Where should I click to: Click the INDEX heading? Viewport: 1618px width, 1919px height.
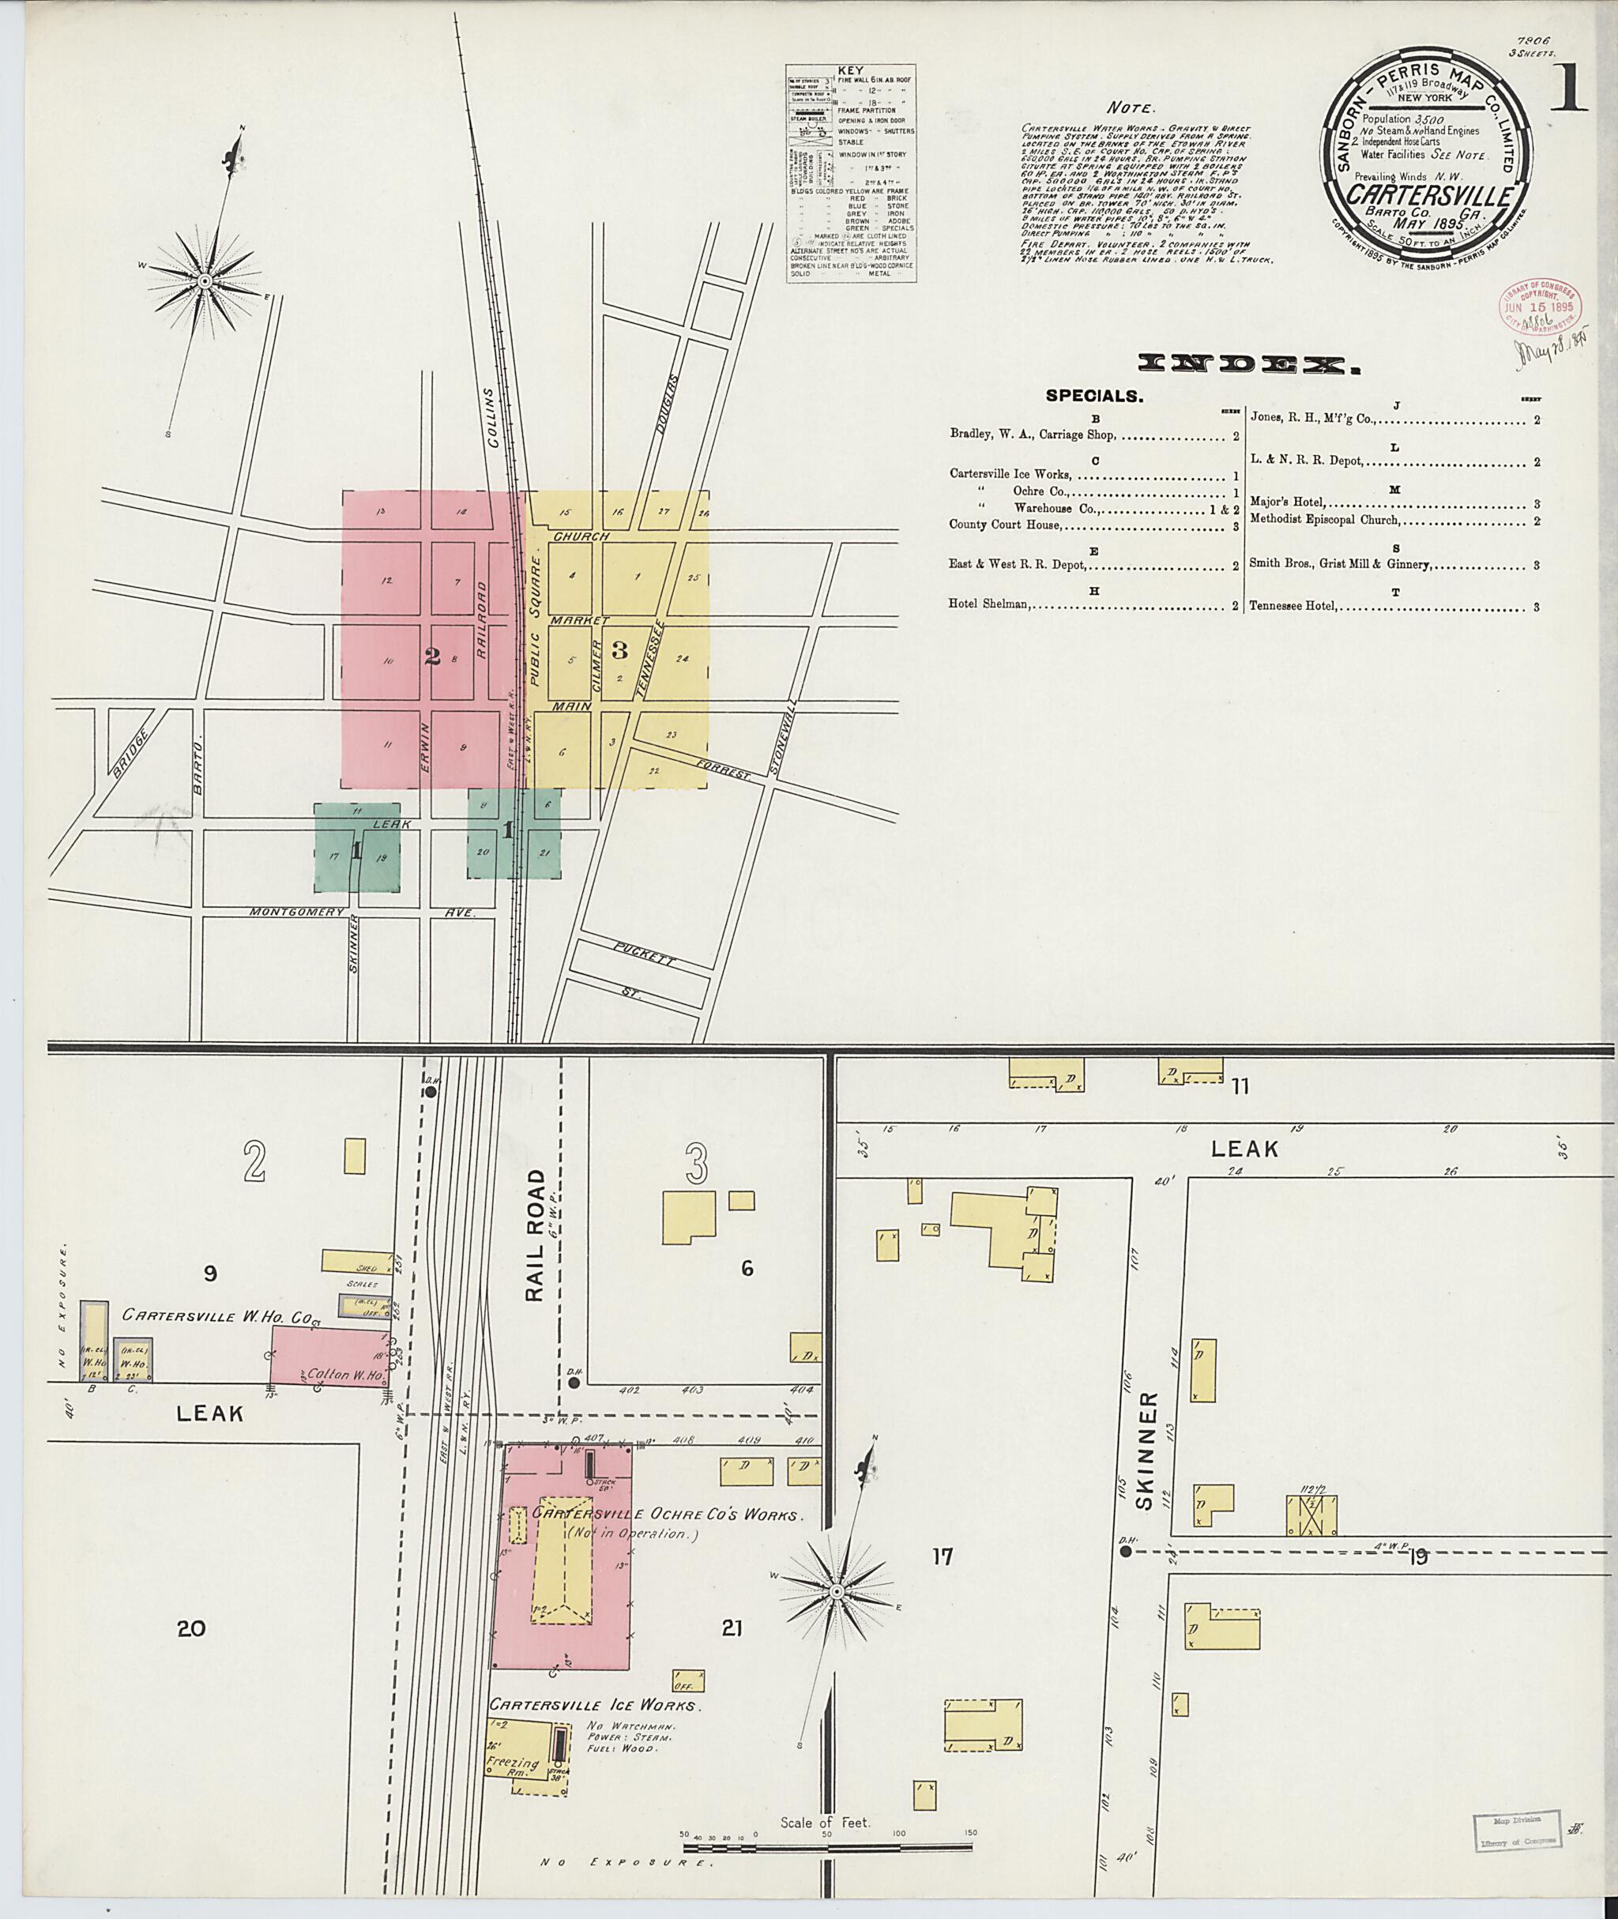[x=1248, y=366]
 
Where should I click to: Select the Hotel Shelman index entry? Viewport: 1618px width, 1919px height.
[x=989, y=604]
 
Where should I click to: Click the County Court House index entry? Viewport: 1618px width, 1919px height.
[x=1005, y=525]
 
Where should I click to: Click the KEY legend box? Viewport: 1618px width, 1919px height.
[x=850, y=172]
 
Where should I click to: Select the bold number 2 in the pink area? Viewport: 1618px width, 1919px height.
[x=433, y=655]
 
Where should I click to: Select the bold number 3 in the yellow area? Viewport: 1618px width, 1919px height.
[x=619, y=649]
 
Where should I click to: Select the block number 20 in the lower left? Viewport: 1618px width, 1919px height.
[x=192, y=1628]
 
